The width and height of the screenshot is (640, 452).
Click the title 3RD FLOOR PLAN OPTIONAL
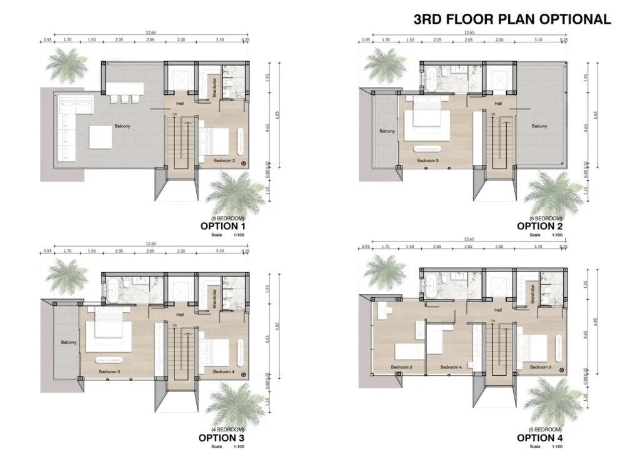512,19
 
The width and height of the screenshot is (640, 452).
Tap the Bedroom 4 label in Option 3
223,372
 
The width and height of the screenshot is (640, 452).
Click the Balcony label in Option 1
122,126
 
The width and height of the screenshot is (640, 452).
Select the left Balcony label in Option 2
387,131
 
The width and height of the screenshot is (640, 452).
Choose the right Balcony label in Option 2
539,126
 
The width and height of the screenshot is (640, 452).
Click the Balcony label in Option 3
69,342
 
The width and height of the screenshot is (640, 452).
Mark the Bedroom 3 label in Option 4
402,367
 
